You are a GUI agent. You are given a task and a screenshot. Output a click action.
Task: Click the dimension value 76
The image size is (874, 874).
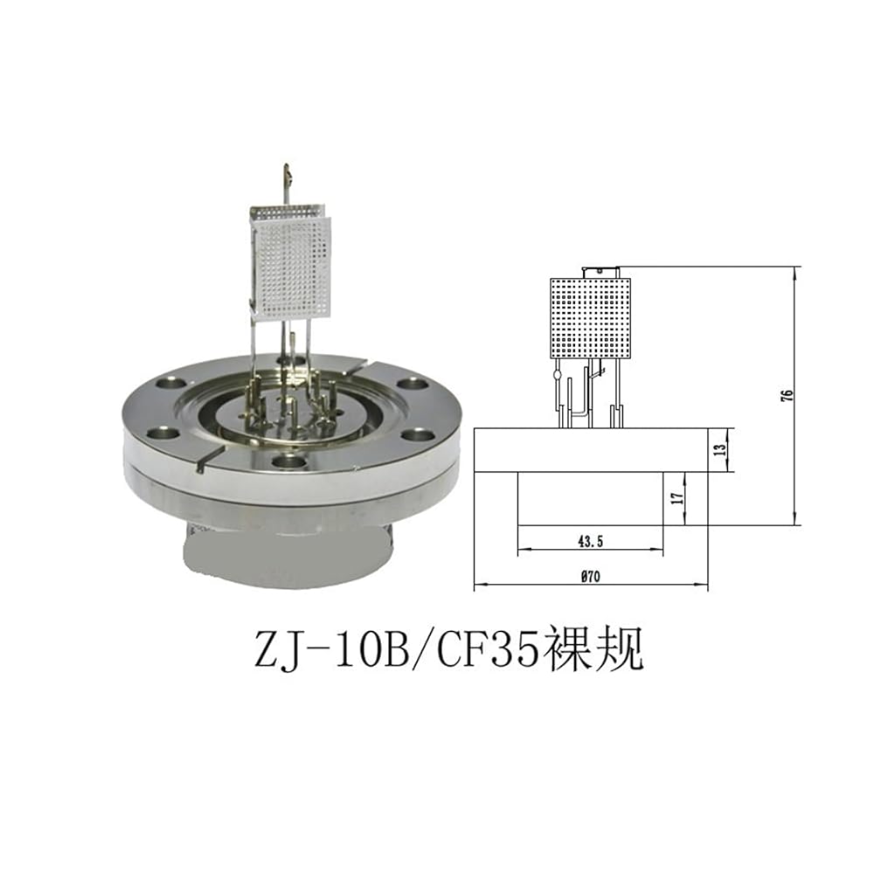click(x=787, y=396)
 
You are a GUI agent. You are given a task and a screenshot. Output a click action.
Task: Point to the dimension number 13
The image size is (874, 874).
click(x=720, y=449)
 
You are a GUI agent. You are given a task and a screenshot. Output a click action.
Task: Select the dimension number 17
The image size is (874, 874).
click(x=677, y=498)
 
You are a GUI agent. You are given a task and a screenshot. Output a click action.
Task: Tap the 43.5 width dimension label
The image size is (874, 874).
click(x=591, y=541)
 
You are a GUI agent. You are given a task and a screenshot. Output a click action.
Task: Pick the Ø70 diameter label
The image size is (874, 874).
click(x=590, y=576)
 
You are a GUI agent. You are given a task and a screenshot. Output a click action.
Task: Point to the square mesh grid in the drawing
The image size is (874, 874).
click(x=590, y=318)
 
